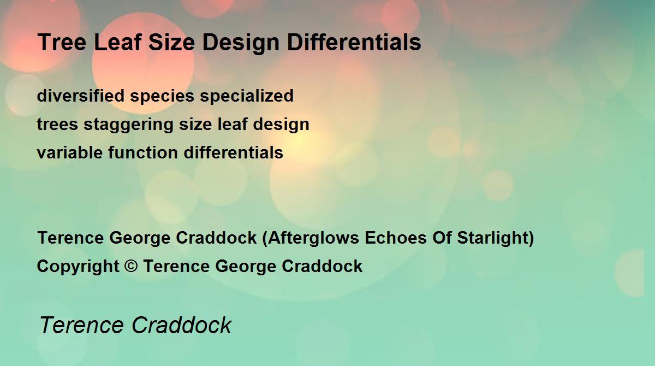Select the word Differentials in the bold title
click(x=354, y=42)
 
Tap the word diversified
click(x=81, y=96)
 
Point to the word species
click(x=162, y=97)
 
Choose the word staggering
click(x=129, y=125)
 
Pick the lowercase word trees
click(x=58, y=125)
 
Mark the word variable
click(x=70, y=152)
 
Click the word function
click(x=143, y=152)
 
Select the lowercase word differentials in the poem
click(x=234, y=152)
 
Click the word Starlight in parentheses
click(x=493, y=238)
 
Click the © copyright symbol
click(x=131, y=266)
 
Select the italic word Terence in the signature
click(x=81, y=325)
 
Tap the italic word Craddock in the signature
click(x=182, y=325)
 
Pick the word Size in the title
click(x=171, y=42)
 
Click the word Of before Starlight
click(x=442, y=238)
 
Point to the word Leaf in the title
click(x=118, y=42)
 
